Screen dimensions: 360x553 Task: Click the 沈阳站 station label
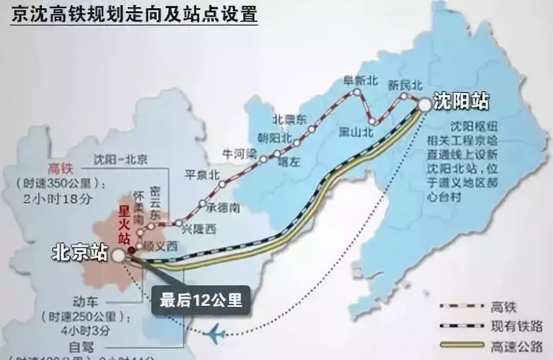(460, 100)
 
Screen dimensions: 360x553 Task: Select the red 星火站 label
(123, 225)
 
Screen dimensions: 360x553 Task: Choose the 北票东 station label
(289, 119)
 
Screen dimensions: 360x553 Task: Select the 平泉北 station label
(202, 174)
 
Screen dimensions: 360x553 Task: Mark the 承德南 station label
(223, 208)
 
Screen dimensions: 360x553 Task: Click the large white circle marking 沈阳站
(424, 104)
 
